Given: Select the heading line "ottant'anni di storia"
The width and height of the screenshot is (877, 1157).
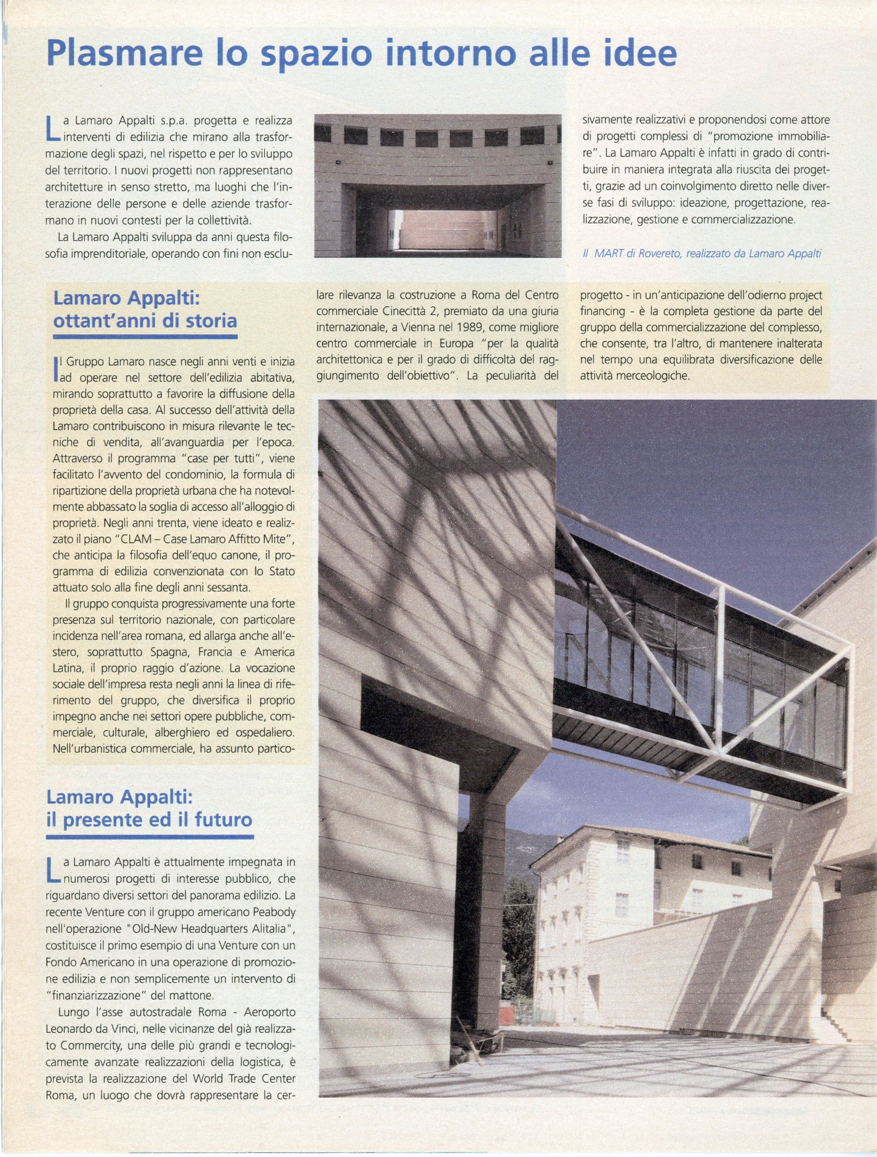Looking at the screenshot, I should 145,320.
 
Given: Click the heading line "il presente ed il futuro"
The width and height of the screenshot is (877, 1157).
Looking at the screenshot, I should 149,819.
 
